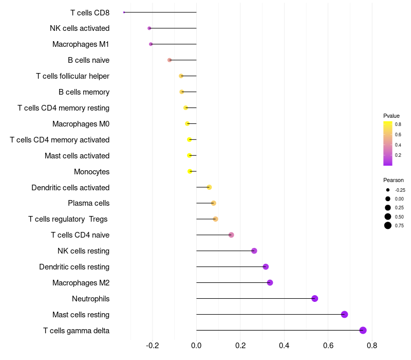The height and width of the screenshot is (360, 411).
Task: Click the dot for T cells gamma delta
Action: pos(363,330)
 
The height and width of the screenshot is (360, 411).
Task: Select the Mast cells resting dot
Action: pos(344,314)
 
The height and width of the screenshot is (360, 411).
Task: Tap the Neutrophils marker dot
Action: pos(315,298)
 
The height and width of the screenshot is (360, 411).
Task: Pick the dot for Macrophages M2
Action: pos(270,282)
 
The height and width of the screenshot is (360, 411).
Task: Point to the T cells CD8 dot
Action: pos(124,12)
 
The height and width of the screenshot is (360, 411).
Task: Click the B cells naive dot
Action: pos(170,60)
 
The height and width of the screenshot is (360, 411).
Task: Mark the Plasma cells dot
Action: pos(213,203)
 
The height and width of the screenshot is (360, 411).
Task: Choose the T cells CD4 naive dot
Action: pos(231,235)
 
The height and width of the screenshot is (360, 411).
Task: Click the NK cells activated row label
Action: pos(80,28)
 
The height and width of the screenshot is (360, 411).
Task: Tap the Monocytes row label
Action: pos(91,171)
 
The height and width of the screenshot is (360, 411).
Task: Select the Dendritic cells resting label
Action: pos(74,267)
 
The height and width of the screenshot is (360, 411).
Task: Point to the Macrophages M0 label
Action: pos(81,124)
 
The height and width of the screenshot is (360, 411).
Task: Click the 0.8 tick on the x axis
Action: pos(372,345)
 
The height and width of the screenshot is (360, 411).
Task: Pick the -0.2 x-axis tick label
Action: pos(152,345)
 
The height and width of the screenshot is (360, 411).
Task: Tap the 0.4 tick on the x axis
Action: pos(284,345)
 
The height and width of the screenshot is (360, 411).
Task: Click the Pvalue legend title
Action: pos(391,116)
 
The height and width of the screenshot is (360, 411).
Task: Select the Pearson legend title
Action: pos(394,180)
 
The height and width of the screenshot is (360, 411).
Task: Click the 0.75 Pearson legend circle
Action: pos(388,225)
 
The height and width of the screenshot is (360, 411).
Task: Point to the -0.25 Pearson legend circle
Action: pos(388,190)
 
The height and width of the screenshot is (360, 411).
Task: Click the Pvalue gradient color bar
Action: pos(388,143)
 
